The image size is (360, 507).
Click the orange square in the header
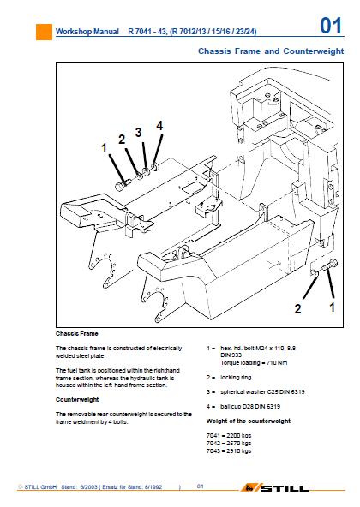[44, 33]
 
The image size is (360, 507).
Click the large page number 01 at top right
[331, 26]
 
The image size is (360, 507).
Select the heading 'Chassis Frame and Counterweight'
[271, 51]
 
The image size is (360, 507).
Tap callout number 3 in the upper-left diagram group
[138, 132]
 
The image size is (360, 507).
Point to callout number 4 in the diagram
[159, 125]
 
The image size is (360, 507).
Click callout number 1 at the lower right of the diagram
[332, 307]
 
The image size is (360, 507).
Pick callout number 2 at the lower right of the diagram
[297, 309]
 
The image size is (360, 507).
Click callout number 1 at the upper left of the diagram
[104, 148]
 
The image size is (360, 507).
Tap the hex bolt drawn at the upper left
[123, 185]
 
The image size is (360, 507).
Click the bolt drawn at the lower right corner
[329, 265]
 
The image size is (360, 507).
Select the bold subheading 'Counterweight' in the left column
[77, 400]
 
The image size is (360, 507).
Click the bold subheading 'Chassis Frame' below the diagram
[77, 334]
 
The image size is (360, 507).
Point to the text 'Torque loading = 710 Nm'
[254, 363]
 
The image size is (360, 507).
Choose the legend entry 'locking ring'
[236, 378]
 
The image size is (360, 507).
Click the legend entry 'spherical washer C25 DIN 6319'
[262, 392]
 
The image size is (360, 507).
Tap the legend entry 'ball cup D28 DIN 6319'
[250, 407]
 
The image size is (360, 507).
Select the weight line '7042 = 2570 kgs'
[229, 444]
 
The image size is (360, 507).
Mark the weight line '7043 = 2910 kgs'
[229, 451]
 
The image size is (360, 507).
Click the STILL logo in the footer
[274, 487]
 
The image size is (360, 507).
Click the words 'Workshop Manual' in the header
[87, 32]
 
